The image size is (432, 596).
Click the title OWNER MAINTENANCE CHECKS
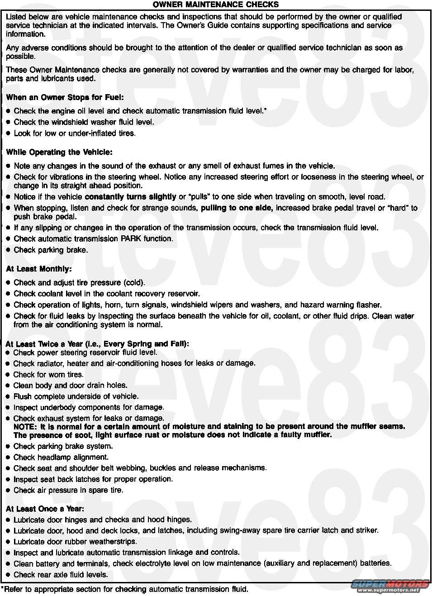pos(215,5)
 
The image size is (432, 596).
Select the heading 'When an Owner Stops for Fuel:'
pos(65,97)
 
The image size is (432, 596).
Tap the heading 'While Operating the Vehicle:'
pos(59,153)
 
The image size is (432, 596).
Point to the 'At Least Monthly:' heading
pos(39,269)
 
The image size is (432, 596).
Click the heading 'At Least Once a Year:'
pos(45,509)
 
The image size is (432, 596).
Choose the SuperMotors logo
pos(390,585)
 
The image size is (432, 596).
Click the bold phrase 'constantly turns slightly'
pos(130,197)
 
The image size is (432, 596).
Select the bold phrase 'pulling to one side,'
pos(237,208)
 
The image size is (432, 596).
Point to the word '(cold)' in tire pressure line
pos(133,283)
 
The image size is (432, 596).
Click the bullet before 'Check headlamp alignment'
pos(8,458)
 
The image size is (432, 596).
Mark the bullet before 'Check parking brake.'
pos(8,250)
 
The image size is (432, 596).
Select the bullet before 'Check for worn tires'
pos(8,375)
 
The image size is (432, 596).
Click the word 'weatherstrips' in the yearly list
pos(113,542)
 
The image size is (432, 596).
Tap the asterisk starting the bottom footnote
pos(2,589)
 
